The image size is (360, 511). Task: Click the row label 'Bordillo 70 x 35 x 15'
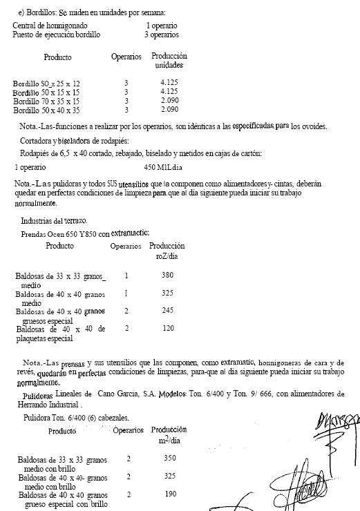pos(46,101)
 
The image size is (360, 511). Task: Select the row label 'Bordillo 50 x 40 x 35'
pos(46,110)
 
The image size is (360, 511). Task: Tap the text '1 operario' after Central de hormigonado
pos(162,26)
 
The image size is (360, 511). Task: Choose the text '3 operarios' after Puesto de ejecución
pos(162,34)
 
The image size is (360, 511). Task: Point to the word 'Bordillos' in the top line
pos(48,12)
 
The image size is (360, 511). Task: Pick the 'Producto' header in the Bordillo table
pos(57,57)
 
